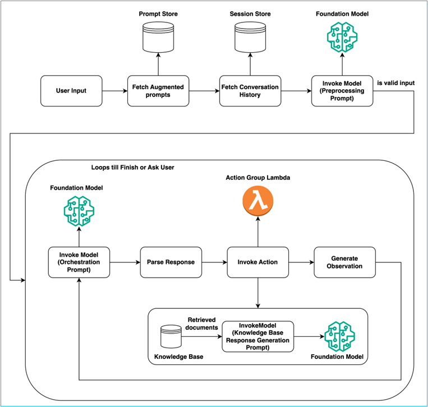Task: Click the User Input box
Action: (x=71, y=91)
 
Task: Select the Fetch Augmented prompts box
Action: (x=158, y=91)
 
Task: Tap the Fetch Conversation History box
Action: (x=250, y=91)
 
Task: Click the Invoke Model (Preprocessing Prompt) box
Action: (x=342, y=91)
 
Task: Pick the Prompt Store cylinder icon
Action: (x=158, y=37)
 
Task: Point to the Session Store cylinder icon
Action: (x=250, y=37)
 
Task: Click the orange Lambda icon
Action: (x=258, y=201)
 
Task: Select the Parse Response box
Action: (x=171, y=262)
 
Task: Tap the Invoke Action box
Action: (x=257, y=262)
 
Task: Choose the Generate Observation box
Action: (x=345, y=262)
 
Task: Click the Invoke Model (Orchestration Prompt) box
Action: (x=79, y=262)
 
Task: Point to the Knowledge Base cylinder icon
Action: (x=171, y=336)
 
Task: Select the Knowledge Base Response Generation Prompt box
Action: (x=258, y=336)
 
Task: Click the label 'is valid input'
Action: (x=396, y=83)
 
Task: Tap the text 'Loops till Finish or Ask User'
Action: (x=132, y=167)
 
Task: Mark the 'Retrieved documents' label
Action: (x=202, y=323)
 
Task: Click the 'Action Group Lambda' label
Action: (x=258, y=178)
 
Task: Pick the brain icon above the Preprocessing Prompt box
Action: (x=342, y=37)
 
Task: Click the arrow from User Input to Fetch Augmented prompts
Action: (x=115, y=91)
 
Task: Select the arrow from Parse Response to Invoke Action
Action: (x=214, y=262)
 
